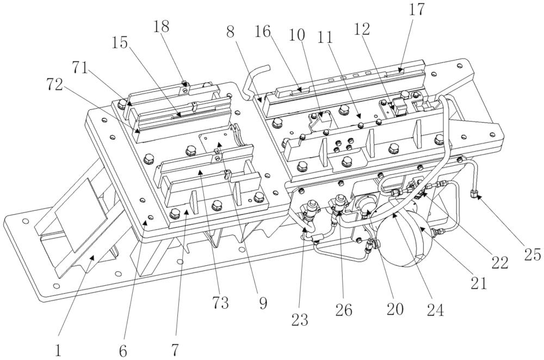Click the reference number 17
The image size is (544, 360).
(x=416, y=10)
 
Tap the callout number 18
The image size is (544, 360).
(x=162, y=26)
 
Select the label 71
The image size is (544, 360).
(x=81, y=67)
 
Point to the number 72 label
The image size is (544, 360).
(x=54, y=84)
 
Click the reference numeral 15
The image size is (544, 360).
(x=120, y=42)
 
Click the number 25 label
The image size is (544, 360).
(x=533, y=255)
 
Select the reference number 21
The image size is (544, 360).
(x=479, y=283)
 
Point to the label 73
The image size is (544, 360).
(x=221, y=303)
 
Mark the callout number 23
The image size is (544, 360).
(x=299, y=320)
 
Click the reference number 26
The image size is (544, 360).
(x=344, y=310)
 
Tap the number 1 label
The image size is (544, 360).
(x=58, y=351)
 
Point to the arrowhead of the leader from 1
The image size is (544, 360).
(x=92, y=257)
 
